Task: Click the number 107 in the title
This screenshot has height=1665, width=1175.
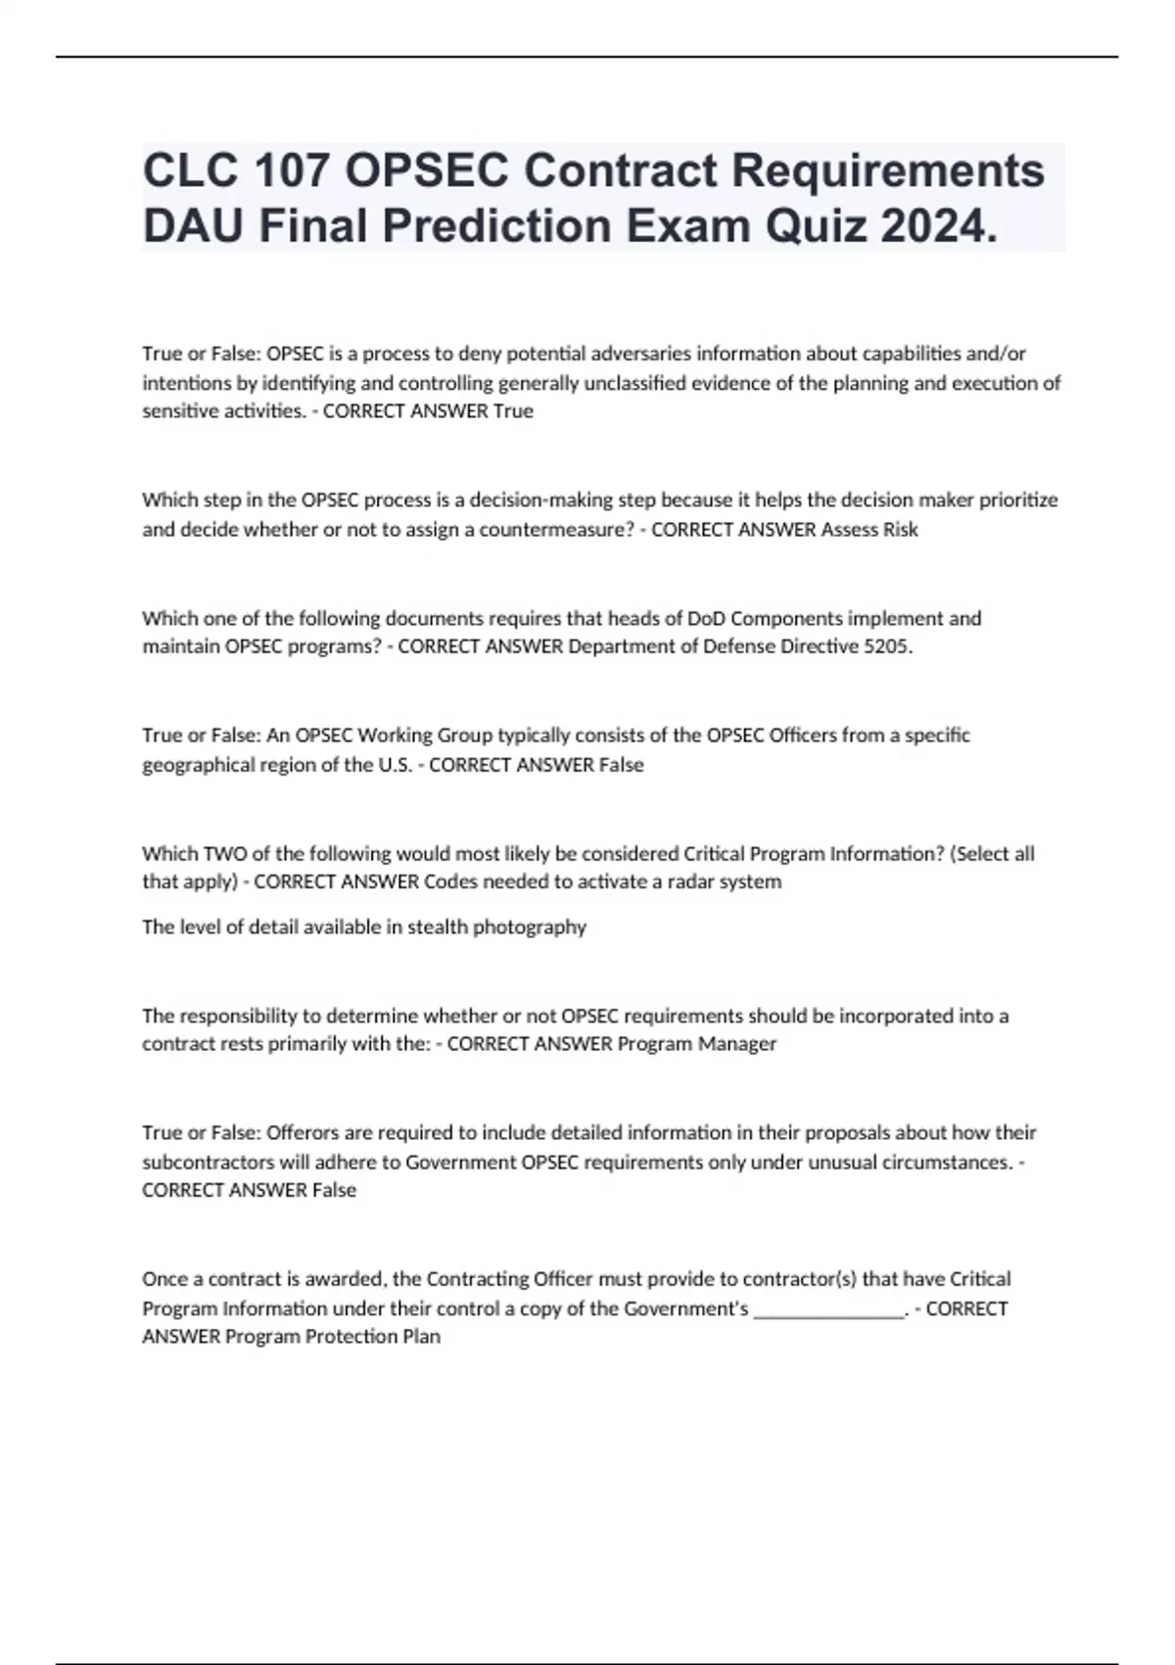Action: point(291,170)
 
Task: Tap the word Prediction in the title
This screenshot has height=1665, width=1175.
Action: point(497,226)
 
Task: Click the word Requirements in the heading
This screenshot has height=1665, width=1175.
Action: point(888,170)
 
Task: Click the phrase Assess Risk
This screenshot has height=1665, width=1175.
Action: point(869,530)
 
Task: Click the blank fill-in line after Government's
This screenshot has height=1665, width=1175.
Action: point(828,1310)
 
